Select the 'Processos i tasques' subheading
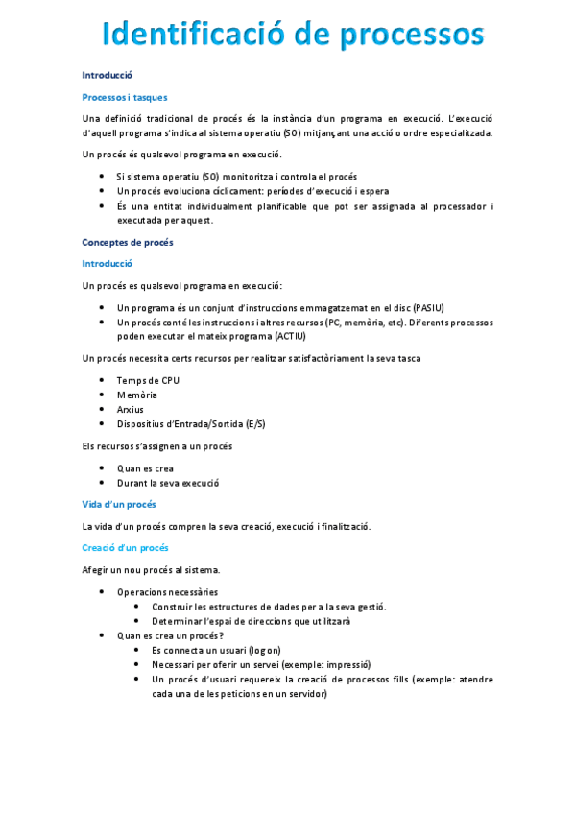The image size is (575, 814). pos(125,96)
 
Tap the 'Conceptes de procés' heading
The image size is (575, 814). pos(128,242)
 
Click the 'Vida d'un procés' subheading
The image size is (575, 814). pos(119,504)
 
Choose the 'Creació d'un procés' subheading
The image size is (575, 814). pos(125,547)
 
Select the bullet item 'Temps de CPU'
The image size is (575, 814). pos(148,380)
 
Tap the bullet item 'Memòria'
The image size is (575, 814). pos(136,395)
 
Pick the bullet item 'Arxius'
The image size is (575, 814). pos(131,409)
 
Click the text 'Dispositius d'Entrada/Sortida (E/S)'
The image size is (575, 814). pos(191,424)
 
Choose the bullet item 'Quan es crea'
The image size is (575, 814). pos(145,468)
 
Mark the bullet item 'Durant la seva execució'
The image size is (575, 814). pos(168,483)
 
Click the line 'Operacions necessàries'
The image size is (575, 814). pos(167,592)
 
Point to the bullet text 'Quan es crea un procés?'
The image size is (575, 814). pos(170,635)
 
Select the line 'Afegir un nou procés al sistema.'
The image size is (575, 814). pos(152,569)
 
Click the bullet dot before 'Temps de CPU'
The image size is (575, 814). pos(102,381)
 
